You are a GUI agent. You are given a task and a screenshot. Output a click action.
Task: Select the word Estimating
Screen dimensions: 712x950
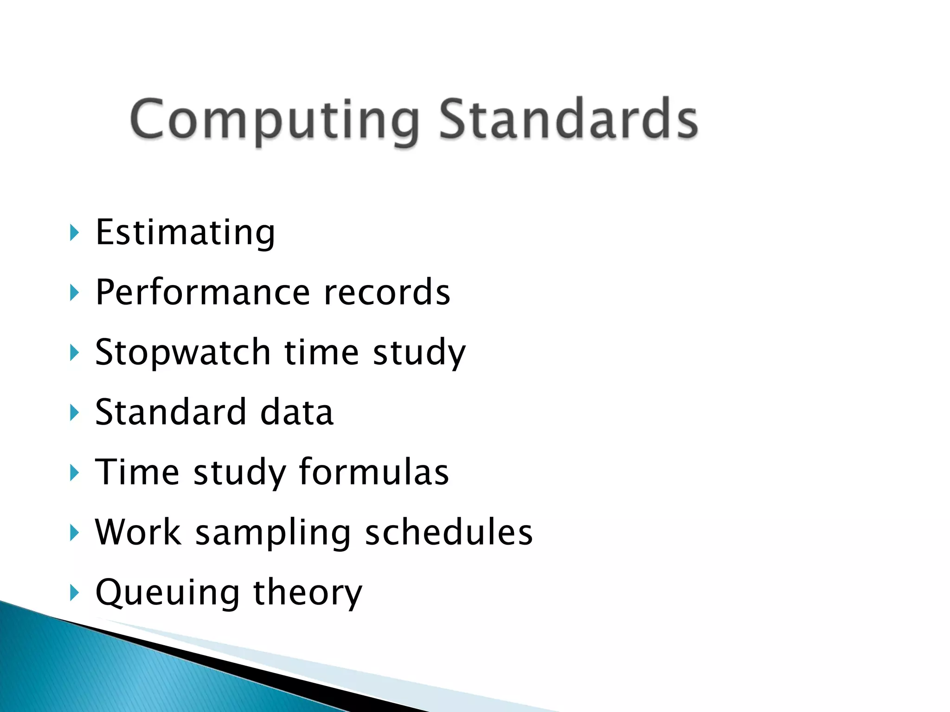point(185,232)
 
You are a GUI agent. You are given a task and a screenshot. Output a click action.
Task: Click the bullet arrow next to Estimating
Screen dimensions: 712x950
point(74,232)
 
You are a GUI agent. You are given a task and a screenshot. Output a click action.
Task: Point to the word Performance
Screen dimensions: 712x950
point(202,292)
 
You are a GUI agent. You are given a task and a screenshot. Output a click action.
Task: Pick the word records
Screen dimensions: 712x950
point(387,292)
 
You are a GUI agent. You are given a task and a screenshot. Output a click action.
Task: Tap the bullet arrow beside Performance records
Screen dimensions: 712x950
point(74,292)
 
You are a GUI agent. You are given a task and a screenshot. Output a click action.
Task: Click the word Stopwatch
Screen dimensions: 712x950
point(183,352)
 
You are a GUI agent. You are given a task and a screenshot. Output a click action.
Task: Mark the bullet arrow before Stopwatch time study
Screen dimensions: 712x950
point(74,352)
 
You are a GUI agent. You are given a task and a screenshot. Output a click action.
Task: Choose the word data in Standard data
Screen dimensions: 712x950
point(297,412)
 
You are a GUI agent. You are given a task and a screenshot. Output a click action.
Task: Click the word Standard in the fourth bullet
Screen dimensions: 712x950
point(171,412)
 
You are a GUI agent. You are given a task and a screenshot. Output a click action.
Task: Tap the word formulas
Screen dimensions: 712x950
point(374,472)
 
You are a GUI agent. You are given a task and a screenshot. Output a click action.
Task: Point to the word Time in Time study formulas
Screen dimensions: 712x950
point(137,472)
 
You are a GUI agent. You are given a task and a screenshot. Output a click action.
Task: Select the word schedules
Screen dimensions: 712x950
point(449,532)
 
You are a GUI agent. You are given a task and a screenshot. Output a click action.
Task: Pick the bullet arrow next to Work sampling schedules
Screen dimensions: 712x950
point(74,532)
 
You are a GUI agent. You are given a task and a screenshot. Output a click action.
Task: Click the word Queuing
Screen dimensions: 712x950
point(167,592)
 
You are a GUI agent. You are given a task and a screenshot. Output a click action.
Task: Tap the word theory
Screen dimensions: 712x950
point(308,592)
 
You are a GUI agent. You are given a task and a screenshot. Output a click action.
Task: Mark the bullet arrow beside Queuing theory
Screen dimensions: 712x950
point(74,592)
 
